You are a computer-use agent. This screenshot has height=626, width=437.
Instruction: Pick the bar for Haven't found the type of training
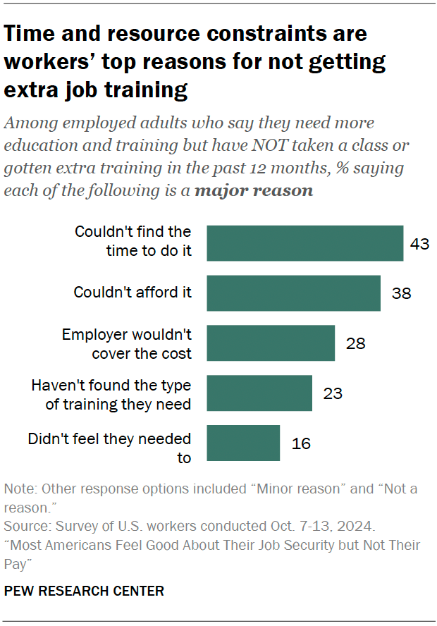259,393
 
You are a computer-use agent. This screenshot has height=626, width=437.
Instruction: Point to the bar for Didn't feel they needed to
243,443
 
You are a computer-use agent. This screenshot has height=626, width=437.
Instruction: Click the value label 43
419,244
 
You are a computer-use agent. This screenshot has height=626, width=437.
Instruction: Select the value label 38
401,293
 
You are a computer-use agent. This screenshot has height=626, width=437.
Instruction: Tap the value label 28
355,343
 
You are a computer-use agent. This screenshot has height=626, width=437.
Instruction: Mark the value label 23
333,393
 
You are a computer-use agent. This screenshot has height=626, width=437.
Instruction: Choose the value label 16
300,443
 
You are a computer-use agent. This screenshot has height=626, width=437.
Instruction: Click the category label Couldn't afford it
133,292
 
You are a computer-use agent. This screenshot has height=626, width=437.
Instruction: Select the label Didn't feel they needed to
109,448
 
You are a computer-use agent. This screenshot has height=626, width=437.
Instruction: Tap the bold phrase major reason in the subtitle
254,191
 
